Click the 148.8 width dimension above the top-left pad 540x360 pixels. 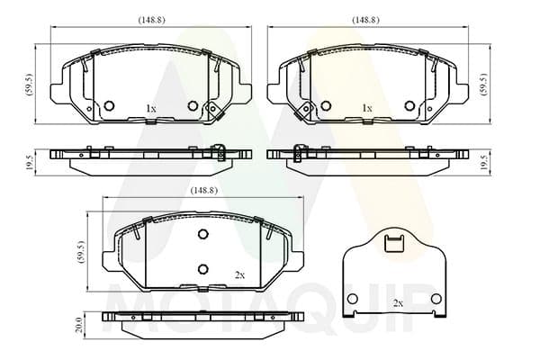pyautogui.click(x=151, y=20)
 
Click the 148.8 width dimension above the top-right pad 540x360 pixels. pyautogui.click(x=365, y=20)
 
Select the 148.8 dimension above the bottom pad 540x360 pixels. pyautogui.click(x=204, y=190)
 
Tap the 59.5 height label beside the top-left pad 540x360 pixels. pyautogui.click(x=30, y=85)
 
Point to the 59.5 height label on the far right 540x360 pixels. pyautogui.click(x=483, y=84)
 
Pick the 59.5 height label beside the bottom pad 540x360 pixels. pyautogui.click(x=82, y=252)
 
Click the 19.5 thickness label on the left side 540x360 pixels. pyautogui.click(x=30, y=162)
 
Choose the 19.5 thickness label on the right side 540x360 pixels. pyautogui.click(x=483, y=162)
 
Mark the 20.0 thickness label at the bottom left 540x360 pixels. pyautogui.click(x=79, y=325)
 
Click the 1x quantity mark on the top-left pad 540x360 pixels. pyautogui.click(x=151, y=109)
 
